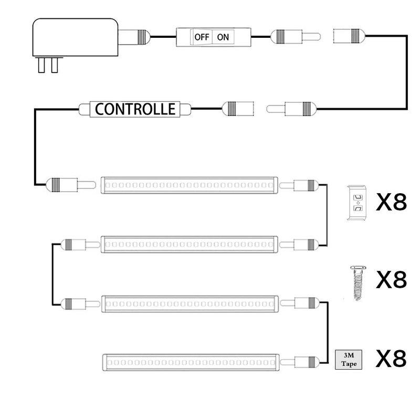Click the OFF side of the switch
201,37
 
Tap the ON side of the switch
223,37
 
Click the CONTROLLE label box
135,109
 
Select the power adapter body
75,37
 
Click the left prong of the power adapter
41,65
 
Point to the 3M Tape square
349,360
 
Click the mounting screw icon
358,282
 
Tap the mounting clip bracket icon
357,203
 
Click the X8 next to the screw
391,279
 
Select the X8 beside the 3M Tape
391,359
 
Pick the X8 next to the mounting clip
391,202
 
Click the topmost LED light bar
189,185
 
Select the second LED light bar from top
190,244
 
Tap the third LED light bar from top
190,304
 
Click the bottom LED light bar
191,363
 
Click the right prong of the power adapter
55,65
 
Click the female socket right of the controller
238,109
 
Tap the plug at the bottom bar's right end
299,362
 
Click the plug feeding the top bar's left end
71,185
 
